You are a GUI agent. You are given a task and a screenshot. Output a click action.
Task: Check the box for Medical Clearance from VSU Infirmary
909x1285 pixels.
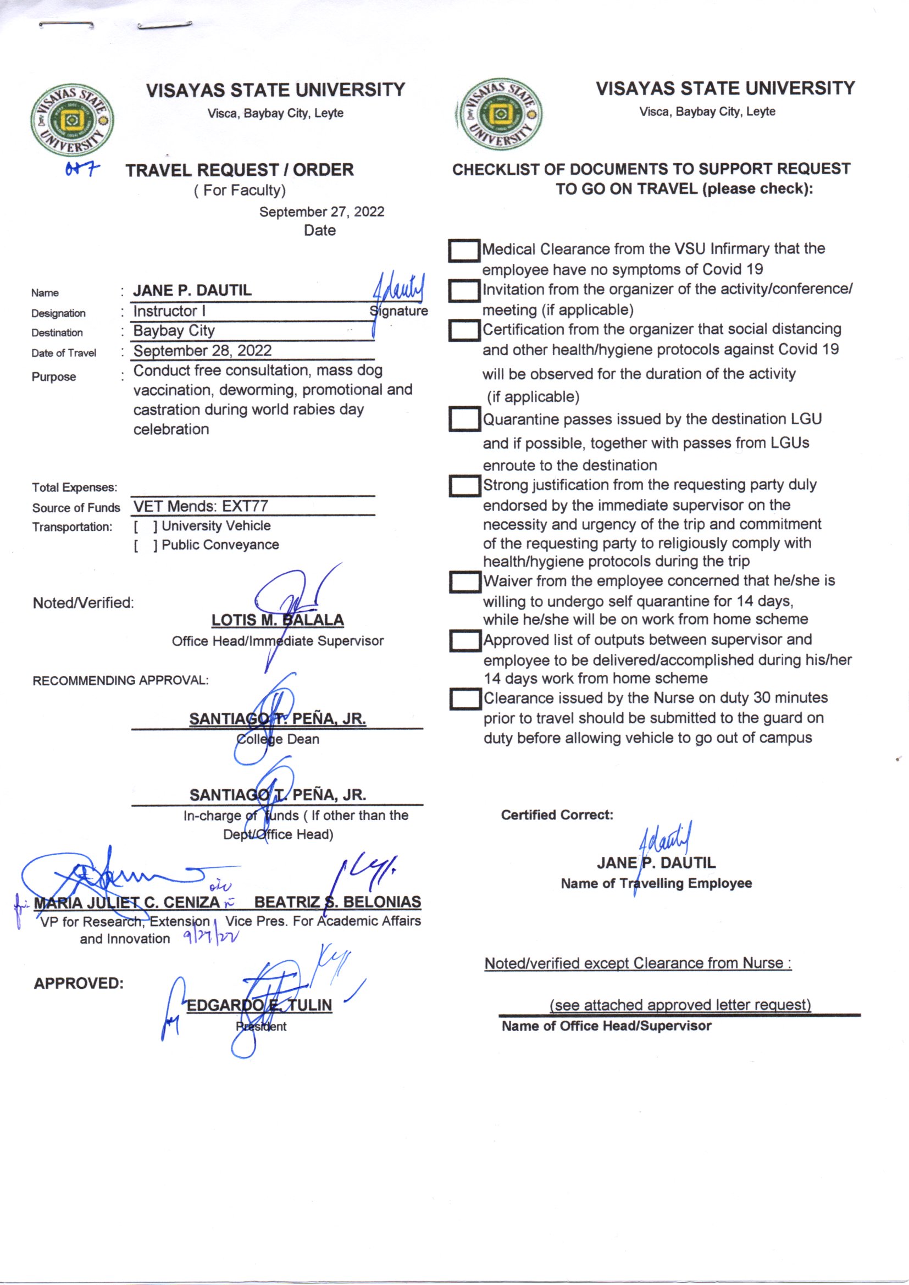click(x=464, y=251)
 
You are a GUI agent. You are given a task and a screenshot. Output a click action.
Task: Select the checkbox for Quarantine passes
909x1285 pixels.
click(x=464, y=419)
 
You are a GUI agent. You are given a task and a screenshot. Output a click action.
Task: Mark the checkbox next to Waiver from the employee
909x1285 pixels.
click(x=465, y=582)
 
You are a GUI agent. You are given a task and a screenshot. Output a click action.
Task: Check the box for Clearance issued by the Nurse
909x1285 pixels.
click(x=465, y=699)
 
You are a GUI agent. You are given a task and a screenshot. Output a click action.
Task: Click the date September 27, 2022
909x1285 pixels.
click(x=322, y=212)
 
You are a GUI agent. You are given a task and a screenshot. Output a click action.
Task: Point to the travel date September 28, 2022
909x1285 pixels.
click(x=202, y=351)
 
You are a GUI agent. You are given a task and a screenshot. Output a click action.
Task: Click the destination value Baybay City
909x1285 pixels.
click(x=174, y=331)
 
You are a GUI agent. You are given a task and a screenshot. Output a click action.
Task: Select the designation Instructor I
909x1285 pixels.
click(x=169, y=311)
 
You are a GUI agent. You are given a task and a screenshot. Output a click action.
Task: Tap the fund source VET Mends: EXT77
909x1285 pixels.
click(x=201, y=507)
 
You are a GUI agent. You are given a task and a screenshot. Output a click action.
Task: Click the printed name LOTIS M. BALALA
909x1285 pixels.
click(x=278, y=620)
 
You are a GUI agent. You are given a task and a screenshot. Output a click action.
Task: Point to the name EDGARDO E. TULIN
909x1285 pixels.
click(x=259, y=1005)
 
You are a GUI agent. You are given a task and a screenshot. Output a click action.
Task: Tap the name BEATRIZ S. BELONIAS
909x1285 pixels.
click(x=337, y=902)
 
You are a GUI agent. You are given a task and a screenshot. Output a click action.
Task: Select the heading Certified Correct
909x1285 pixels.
click(x=557, y=815)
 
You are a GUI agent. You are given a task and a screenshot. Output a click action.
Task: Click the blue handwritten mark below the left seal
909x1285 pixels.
click(x=82, y=169)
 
